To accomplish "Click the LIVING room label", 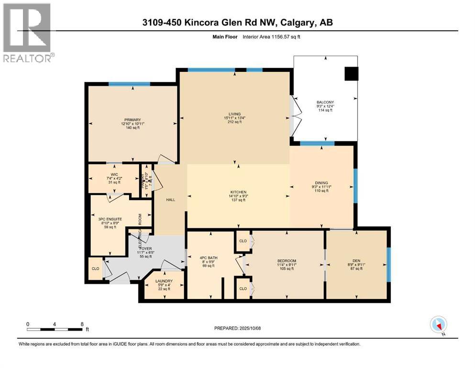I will (234, 114).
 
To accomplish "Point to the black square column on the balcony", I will (352, 73).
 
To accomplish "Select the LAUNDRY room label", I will (164, 281).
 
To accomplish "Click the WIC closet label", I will (114, 174).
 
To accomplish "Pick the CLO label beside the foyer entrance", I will (95, 269).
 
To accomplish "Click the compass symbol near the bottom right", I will (438, 325).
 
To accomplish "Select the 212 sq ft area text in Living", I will (234, 122).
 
